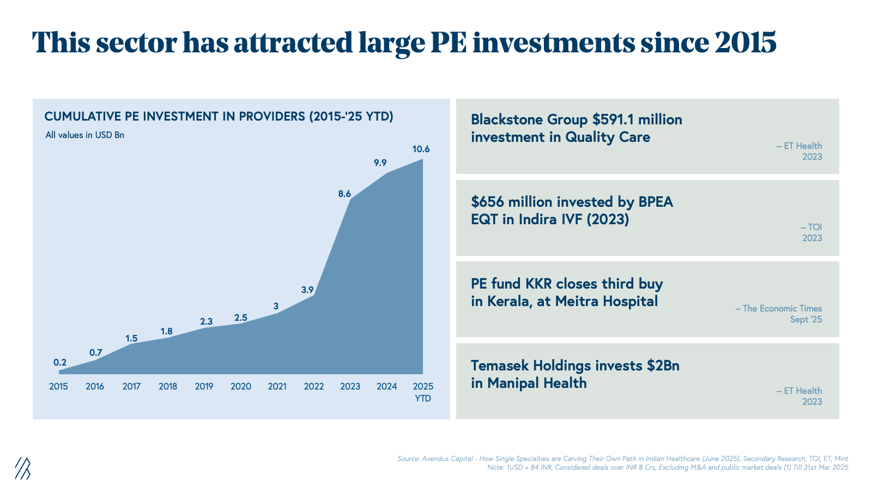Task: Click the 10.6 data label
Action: pyautogui.click(x=421, y=149)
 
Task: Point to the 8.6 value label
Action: pyautogui.click(x=344, y=194)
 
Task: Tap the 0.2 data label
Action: pyautogui.click(x=60, y=362)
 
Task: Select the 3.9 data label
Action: pyautogui.click(x=307, y=290)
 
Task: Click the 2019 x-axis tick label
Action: pyautogui.click(x=204, y=387)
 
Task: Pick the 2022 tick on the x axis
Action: pyautogui.click(x=314, y=387)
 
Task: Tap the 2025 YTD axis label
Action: pyautogui.click(x=423, y=392)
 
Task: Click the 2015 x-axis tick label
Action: pyautogui.click(x=58, y=387)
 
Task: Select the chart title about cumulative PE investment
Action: pyautogui.click(x=219, y=117)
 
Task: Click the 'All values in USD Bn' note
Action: pyautogui.click(x=85, y=135)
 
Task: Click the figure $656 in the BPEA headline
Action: pyautogui.click(x=487, y=202)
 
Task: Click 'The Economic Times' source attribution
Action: pyautogui.click(x=782, y=309)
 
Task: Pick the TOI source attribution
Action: pyautogui.click(x=815, y=227)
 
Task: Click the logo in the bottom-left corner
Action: pyautogui.click(x=22, y=468)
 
